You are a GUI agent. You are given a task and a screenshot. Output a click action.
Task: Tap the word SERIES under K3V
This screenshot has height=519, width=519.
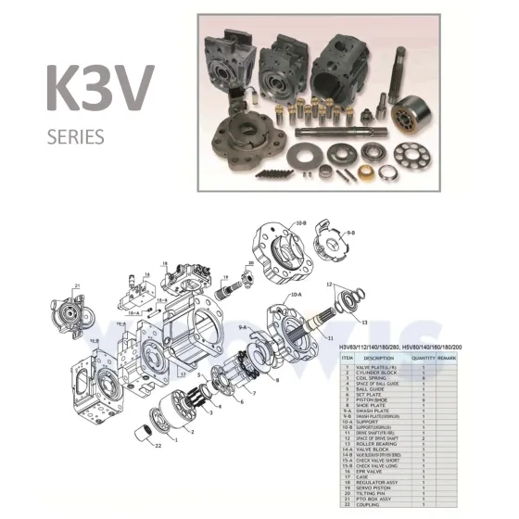76,137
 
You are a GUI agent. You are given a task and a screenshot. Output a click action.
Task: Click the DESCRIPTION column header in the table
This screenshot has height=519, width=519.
378,357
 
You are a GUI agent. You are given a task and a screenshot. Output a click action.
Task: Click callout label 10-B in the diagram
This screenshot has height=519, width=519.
301,222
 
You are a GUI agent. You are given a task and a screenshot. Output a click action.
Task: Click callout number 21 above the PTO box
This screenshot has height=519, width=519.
78,285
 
